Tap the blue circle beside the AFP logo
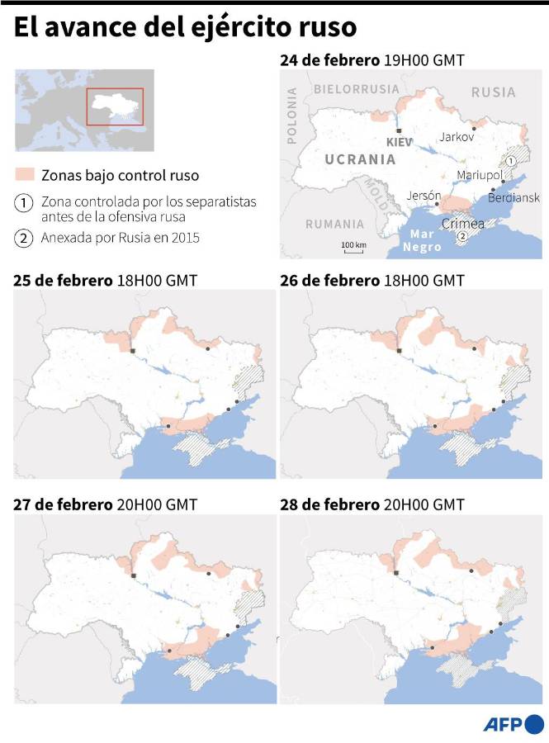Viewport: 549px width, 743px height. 534,724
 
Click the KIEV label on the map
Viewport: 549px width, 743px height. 399,142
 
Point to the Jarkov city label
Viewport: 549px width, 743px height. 457,137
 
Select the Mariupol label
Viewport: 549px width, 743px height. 479,175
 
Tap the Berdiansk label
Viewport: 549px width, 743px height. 514,197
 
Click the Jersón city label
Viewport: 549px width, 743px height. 424,196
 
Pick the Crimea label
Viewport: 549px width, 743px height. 463,224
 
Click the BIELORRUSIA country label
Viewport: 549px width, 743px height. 356,88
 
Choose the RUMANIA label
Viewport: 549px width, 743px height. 334,224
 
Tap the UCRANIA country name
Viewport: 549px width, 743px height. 359,159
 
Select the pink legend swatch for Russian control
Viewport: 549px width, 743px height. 24,175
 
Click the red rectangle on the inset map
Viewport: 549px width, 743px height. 116,106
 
